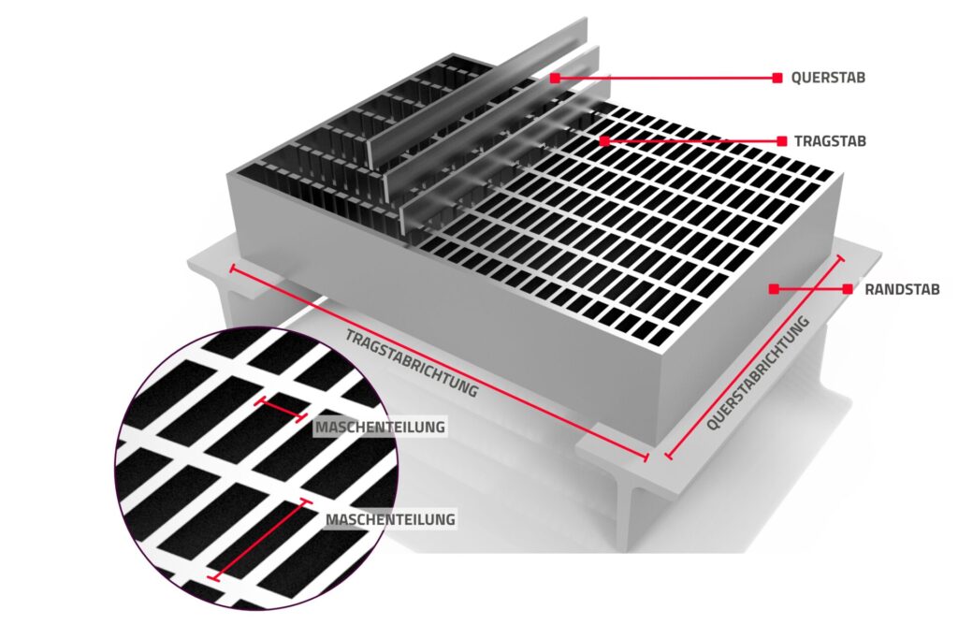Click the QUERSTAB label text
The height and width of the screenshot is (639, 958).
[828, 79]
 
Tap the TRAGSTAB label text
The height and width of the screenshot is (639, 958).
[830, 141]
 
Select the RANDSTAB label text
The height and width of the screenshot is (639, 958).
[902, 289]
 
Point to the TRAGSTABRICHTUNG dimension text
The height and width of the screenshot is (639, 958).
[412, 363]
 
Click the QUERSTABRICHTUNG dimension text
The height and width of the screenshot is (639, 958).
[758, 373]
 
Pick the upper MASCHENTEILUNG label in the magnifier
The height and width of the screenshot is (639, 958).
[380, 427]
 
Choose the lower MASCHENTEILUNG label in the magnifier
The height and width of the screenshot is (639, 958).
[390, 519]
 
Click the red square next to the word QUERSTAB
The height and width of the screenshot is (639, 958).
[777, 78]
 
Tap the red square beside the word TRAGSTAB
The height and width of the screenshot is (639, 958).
[781, 141]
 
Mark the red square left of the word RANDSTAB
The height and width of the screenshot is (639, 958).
[848, 289]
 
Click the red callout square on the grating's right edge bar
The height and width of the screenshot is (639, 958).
[774, 289]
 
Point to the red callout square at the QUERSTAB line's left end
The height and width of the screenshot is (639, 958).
[555, 78]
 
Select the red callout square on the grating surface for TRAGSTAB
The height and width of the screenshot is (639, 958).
[604, 141]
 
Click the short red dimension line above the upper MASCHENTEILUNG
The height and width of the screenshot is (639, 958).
[281, 409]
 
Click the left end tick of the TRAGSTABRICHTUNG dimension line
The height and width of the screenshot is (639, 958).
[232, 269]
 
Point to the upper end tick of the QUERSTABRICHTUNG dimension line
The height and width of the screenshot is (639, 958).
[840, 259]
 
